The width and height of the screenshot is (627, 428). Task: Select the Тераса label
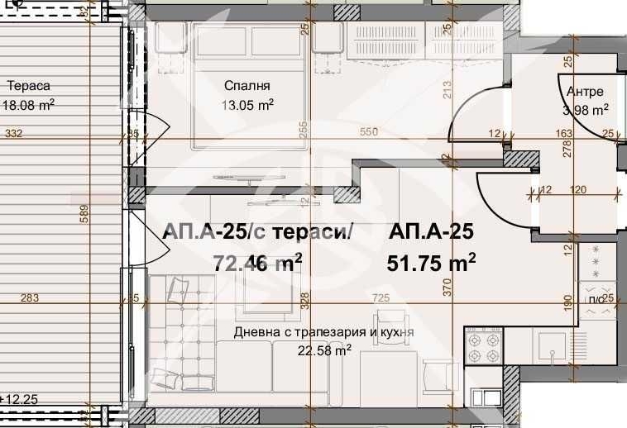click(x=29, y=86)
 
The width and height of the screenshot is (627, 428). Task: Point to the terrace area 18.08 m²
click(x=29, y=105)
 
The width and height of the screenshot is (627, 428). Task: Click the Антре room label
click(x=585, y=92)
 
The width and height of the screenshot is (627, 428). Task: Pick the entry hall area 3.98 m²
click(x=585, y=109)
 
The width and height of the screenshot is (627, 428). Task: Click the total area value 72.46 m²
click(x=257, y=263)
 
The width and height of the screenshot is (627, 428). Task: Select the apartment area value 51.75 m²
click(x=431, y=263)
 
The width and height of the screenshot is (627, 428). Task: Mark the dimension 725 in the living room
click(x=381, y=297)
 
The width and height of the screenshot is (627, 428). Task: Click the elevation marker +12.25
click(x=22, y=399)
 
